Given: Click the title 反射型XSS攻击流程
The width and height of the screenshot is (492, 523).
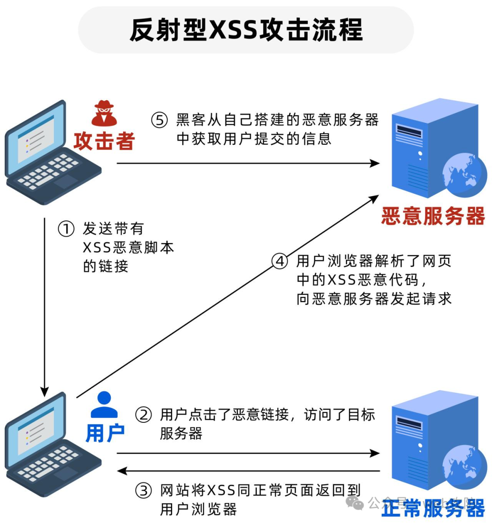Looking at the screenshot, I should coord(246,30).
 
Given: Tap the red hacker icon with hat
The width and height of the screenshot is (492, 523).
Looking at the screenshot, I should coord(104,113).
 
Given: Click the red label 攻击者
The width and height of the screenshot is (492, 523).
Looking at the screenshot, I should coord(104,141).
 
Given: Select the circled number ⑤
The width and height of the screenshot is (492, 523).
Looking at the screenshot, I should coord(159,120).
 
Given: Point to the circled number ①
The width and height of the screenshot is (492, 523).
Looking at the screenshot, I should coord(66,228).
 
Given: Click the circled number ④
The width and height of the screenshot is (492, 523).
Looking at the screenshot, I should coord(280,261).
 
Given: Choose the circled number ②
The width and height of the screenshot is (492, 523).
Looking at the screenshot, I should coord(143,415).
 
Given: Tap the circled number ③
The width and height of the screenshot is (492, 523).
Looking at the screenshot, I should coord(143,490).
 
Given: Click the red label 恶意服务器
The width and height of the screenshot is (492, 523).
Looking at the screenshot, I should coord(433,216).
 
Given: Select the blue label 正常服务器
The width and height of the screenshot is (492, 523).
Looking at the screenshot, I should coord(433,508).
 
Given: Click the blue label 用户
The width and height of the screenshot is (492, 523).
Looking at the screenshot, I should coord(105,433).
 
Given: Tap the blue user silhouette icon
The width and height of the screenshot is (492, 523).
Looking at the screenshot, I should coord(104,405).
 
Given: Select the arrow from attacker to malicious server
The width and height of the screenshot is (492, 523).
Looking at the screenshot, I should coord(248,163).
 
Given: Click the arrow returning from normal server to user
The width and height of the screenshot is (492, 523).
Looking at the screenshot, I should coord(248,471).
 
